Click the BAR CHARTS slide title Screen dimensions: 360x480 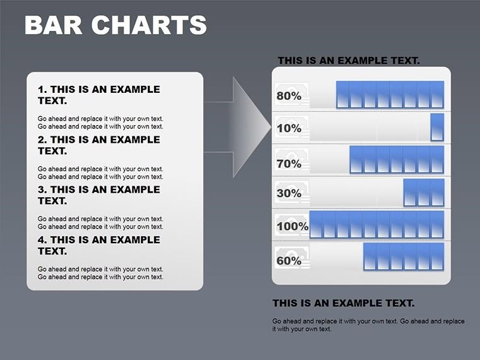point(115,25)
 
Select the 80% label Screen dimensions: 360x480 point(289,97)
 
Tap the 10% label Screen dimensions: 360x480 point(289,129)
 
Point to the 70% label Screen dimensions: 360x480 point(289,164)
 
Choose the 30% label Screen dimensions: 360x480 point(289,193)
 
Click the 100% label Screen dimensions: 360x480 point(292,226)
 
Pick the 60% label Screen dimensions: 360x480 point(289,260)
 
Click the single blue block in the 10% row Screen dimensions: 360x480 point(437,127)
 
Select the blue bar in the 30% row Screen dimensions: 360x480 point(423,193)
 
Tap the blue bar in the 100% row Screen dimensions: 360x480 point(376,225)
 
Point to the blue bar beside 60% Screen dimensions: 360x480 point(403,257)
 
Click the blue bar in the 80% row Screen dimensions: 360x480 point(390,94)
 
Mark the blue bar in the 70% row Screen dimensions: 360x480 point(397,160)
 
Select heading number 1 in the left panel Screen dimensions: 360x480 point(99,95)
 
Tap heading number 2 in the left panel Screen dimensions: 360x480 point(99,145)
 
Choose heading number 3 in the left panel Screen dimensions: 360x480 point(99,195)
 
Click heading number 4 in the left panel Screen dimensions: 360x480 point(99,245)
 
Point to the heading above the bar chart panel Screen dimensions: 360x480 point(349,61)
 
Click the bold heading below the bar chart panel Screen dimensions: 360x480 point(343,303)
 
